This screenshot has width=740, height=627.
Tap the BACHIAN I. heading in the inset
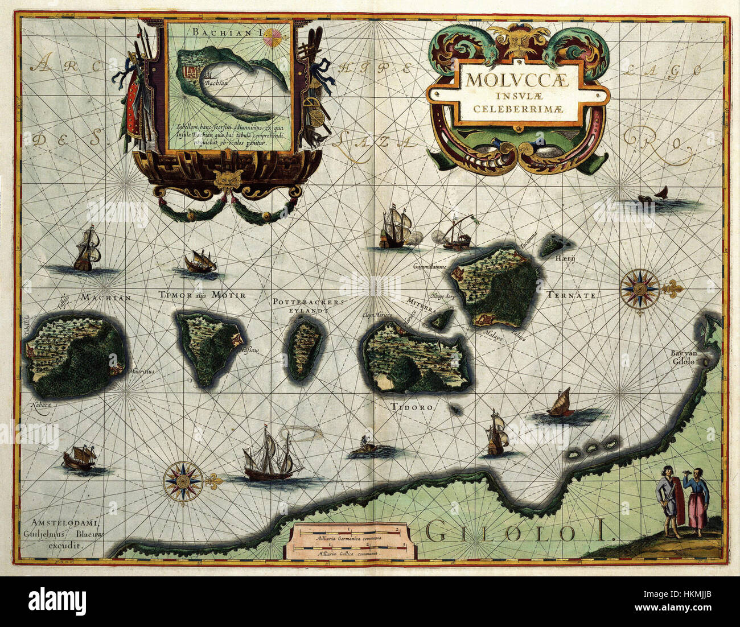(227, 33)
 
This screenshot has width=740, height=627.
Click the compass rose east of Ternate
(639, 288)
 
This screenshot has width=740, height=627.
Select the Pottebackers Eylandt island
(305, 349)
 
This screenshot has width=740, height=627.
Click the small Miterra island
(441, 320)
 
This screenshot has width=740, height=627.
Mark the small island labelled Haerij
(552, 246)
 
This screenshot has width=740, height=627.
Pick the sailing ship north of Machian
(87, 248)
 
